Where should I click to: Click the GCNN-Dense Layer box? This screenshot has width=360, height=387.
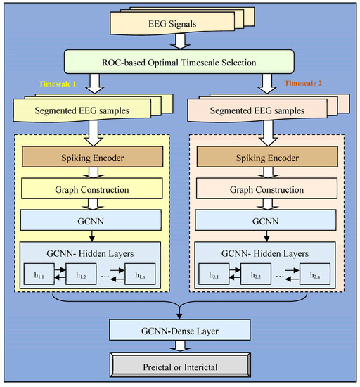(x=181, y=328)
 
